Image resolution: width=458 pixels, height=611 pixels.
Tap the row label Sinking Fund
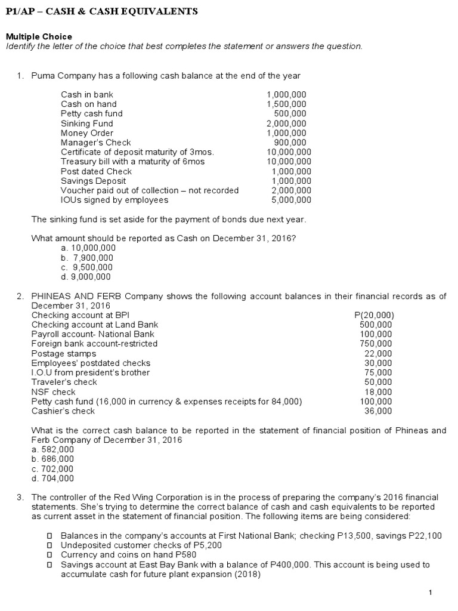point(86,123)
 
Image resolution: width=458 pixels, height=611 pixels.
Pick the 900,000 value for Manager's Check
point(290,142)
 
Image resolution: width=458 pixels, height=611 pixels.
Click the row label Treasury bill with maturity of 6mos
point(132,161)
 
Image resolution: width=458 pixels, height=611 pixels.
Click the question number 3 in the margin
point(19,497)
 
